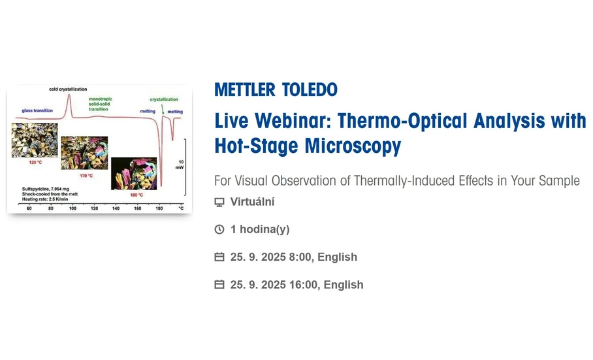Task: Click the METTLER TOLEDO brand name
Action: point(276,90)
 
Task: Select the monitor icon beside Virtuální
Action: point(219,202)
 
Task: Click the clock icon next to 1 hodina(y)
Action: point(219,229)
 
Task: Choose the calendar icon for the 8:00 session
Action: point(219,257)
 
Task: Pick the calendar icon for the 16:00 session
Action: point(219,285)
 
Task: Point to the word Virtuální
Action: point(253,202)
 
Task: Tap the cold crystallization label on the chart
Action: point(68,89)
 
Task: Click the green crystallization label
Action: point(163,99)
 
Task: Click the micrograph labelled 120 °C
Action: point(30,140)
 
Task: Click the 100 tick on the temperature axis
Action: point(72,208)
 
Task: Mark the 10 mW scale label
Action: point(180,164)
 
